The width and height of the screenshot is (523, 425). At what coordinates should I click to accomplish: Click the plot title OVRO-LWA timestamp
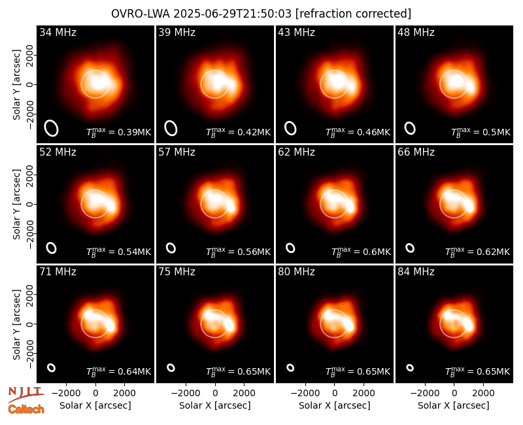coord(261,14)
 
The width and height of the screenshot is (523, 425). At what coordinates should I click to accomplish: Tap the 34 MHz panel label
coord(58,32)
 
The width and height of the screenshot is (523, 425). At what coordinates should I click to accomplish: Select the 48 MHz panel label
coord(416,32)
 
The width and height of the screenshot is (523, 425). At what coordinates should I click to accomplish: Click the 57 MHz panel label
coord(177,152)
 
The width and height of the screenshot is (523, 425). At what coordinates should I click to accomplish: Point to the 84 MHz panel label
coord(416,272)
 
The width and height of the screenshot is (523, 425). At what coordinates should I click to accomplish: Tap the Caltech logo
coord(26,409)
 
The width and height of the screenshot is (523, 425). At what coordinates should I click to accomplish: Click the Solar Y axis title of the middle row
coord(16,204)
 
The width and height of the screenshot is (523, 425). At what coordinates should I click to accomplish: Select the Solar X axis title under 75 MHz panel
coord(215,405)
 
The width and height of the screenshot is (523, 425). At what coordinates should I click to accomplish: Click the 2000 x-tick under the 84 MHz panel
coord(483,393)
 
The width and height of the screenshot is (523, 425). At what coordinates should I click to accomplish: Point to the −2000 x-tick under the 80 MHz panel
coord(305,393)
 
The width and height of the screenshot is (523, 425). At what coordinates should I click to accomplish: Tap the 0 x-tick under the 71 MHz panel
coord(95,393)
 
